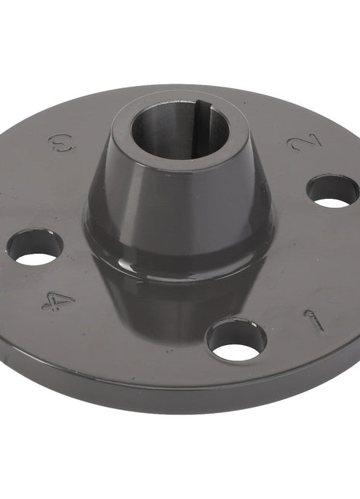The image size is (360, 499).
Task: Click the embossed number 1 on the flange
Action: [314, 320]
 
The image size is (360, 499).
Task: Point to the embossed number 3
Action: [58, 142]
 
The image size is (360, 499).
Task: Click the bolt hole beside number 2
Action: [333, 191]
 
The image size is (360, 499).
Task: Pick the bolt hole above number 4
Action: [36, 247]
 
